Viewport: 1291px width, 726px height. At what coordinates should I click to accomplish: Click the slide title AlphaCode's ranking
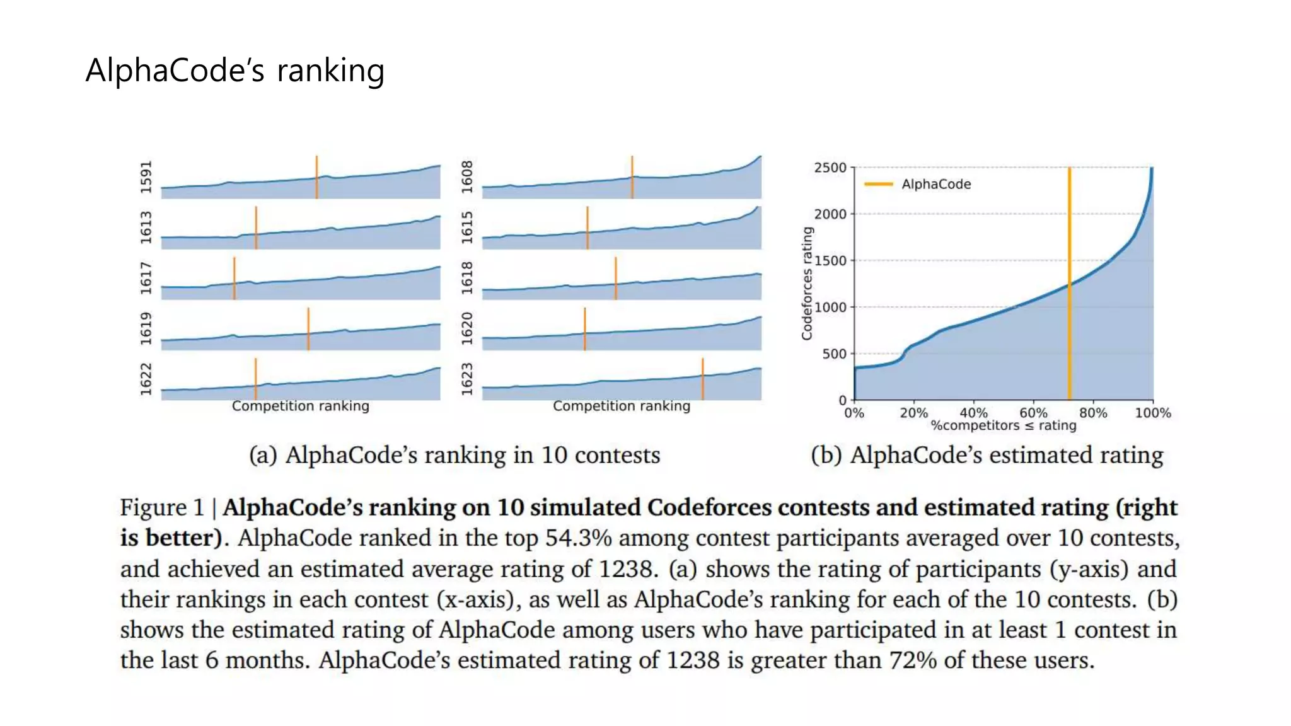[x=234, y=70]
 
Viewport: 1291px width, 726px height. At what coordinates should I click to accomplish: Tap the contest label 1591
[x=146, y=177]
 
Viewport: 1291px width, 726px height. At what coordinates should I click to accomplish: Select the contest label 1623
[x=466, y=379]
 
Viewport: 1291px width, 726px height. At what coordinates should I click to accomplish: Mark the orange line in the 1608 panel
[x=632, y=176]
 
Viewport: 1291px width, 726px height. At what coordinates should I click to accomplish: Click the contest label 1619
[x=146, y=328]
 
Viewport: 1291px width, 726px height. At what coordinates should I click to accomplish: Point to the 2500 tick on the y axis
[x=830, y=168]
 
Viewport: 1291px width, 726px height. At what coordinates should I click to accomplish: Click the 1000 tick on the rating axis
[x=830, y=308]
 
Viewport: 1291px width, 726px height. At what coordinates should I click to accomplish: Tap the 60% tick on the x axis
[x=1033, y=413]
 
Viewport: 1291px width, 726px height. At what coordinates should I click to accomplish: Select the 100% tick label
[x=1152, y=413]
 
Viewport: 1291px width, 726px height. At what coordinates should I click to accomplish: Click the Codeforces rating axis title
[x=807, y=284]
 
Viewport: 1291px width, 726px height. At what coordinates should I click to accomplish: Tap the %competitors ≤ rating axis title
[x=1004, y=426]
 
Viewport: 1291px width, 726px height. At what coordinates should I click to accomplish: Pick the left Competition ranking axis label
[x=300, y=406]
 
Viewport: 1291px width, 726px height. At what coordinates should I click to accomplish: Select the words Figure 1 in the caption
[x=162, y=507]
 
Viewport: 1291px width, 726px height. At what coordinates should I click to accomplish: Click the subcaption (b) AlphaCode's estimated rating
[x=987, y=455]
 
